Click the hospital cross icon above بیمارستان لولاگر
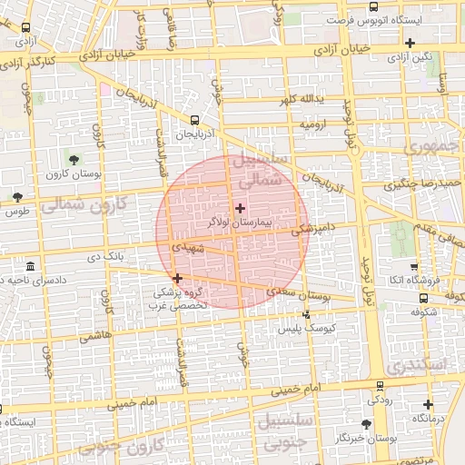pos(240,208)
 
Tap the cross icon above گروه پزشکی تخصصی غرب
pos(177,278)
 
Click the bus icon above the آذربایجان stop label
pos(194,120)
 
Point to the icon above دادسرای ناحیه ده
pos(32,267)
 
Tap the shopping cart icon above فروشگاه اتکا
pos(414,267)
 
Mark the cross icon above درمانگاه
pos(429,404)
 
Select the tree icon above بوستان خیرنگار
pos(366,424)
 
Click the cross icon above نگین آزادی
pos(411,43)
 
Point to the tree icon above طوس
pos(17,197)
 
